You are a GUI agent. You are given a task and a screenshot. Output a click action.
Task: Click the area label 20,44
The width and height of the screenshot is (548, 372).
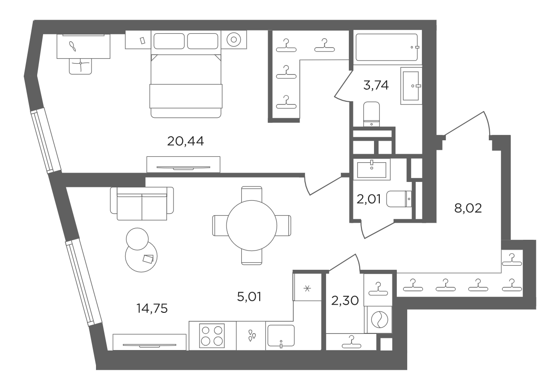tap(185, 141)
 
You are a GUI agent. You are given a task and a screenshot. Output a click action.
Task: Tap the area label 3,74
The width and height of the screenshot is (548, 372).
tap(376, 85)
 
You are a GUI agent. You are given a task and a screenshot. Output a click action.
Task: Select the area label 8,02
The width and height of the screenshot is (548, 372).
tap(468, 208)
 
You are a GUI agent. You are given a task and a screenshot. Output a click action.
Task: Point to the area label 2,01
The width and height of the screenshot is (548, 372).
tap(369, 199)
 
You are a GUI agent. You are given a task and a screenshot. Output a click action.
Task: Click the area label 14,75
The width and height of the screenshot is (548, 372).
tap(152, 308)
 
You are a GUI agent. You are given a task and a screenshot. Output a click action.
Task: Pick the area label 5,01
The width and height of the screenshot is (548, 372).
tap(249, 297)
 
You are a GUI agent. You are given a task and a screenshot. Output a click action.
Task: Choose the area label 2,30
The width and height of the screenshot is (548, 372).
tap(345, 301)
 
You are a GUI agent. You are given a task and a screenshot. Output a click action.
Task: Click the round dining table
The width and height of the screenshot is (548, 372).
tap(252, 225)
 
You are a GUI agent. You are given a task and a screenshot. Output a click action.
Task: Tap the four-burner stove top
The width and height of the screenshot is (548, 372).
tap(212, 336)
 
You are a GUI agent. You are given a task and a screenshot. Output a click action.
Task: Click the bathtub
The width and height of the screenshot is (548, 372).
tap(387, 47)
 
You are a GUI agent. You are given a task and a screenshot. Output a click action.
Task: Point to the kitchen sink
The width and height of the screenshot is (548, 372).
tap(281, 336)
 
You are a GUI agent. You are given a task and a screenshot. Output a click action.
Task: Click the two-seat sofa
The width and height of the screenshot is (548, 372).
tap(142, 203)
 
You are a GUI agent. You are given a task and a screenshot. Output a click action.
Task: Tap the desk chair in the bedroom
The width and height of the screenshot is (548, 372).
tap(80, 66)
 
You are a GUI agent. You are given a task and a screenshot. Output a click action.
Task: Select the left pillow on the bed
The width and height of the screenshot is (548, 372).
tap(169, 41)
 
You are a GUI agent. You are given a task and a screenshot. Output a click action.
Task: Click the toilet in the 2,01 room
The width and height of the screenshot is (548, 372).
tap(399, 199)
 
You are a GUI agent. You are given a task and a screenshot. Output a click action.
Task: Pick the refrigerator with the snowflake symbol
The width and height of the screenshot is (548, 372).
tap(307, 287)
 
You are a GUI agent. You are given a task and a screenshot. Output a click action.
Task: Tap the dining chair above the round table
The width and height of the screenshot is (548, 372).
tap(252, 194)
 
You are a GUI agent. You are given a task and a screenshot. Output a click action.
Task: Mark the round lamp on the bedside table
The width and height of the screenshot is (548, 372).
tap(234, 39)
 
